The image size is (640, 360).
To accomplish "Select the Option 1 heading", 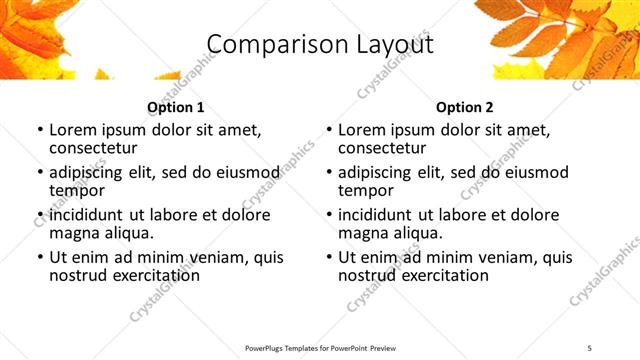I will point(176,107).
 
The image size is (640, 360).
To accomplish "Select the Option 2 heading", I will point(464,107).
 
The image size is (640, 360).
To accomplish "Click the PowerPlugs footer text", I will point(320,347).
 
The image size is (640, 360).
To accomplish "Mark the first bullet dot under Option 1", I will point(39,130).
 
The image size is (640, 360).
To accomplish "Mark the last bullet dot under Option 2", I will point(328,258).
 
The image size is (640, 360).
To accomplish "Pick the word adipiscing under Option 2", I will point(380,172).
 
